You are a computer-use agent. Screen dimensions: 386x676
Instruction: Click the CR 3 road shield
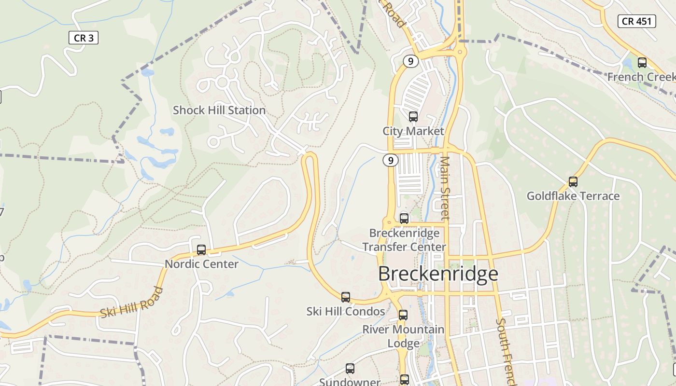point(84,38)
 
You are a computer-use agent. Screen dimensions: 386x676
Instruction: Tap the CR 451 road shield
point(637,21)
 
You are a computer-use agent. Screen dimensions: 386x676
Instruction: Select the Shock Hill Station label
point(219,110)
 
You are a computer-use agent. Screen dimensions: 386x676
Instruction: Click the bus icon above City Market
point(413,116)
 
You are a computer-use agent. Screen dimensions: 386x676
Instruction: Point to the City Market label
point(413,131)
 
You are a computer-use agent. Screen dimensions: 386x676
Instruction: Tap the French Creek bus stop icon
point(642,62)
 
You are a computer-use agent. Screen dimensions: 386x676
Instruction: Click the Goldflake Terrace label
point(573,196)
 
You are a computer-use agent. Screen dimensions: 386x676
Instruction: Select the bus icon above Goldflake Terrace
point(573,182)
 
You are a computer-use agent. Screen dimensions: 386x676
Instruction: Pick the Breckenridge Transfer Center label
point(404,240)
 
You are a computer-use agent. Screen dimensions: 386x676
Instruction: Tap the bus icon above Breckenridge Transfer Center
point(404,219)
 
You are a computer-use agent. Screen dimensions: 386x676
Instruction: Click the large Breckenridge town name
point(437,274)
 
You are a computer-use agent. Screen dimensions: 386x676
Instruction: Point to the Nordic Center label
point(201,264)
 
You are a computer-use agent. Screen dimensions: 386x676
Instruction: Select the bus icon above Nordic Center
point(201,250)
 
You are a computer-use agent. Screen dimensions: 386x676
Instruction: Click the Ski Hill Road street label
point(131,303)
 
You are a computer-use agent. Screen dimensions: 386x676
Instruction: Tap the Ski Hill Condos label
point(346,311)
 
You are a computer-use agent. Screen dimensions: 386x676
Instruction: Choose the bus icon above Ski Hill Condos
point(346,297)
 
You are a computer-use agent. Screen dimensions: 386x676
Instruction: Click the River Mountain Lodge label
point(403,336)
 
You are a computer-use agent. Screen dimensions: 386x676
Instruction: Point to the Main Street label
point(445,188)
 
